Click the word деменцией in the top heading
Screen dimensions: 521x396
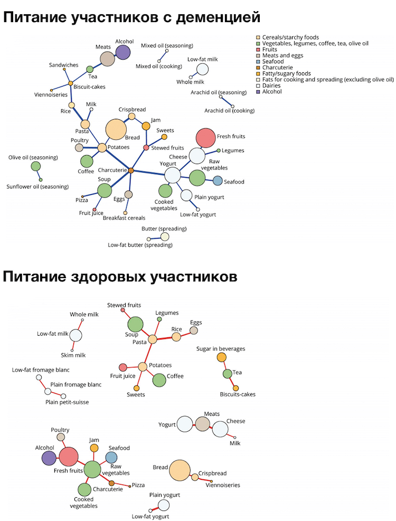216,17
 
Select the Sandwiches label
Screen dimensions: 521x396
63,65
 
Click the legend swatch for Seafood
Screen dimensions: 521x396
258,62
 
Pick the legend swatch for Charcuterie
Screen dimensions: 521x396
258,68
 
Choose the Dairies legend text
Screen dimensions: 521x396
272,86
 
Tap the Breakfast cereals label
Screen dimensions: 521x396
124,218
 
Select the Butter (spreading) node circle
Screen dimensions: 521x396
165,236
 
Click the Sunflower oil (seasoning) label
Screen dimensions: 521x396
37,186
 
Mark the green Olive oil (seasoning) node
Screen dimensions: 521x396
36,166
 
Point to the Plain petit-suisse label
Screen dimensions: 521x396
67,402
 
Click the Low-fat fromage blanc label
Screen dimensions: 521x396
41,370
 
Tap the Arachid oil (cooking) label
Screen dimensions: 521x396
230,111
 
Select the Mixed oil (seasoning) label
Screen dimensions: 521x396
167,45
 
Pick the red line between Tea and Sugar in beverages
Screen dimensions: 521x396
224,366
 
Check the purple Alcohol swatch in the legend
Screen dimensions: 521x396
258,92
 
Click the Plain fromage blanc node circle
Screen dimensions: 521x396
48,391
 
